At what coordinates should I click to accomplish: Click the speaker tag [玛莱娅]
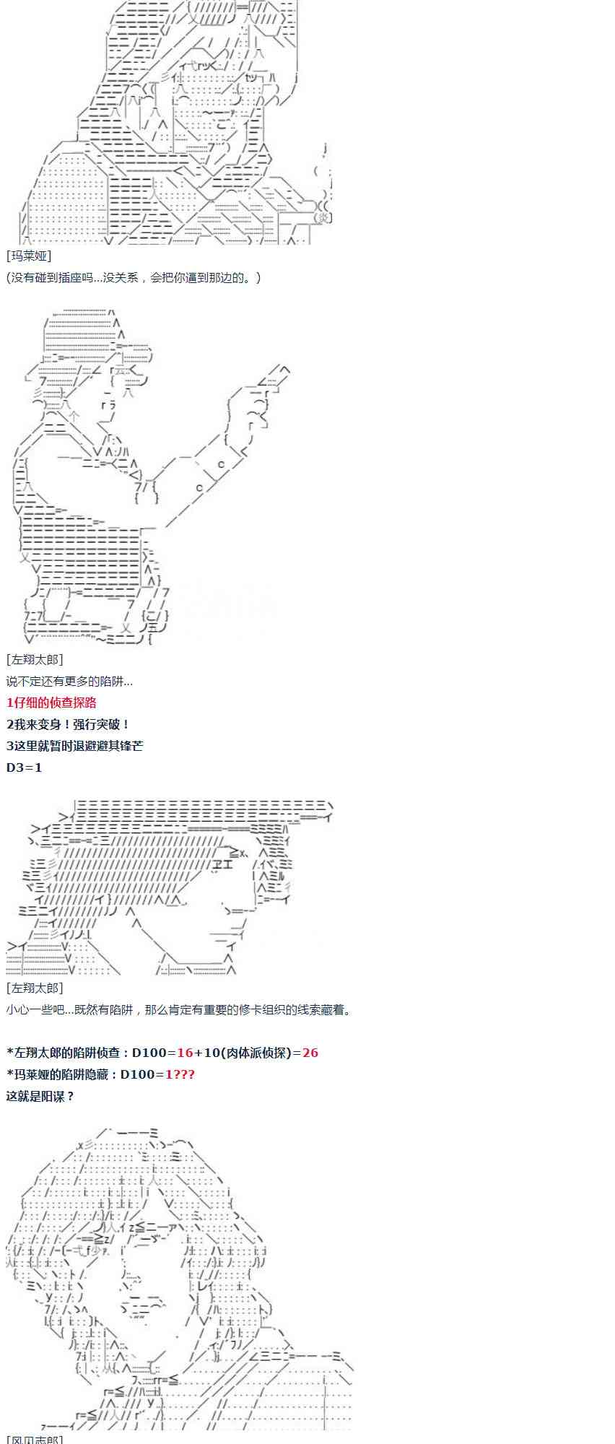coord(29,256)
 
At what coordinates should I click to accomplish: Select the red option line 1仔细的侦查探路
coord(51,703)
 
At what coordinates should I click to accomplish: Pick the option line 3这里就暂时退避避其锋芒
coord(74,746)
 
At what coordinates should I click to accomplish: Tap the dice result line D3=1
coord(25,767)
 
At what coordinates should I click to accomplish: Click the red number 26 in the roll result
coord(310,1053)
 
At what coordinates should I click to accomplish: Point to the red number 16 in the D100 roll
coord(185,1053)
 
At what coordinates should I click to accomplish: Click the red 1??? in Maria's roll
coord(180,1074)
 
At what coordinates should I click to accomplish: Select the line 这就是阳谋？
coord(40,1096)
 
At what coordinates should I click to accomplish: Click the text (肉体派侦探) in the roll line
coord(253,1053)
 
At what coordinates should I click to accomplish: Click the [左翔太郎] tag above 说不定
coord(35,659)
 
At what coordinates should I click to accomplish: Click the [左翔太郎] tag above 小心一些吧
coord(35,988)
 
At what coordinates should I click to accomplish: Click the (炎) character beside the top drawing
coord(324,217)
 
